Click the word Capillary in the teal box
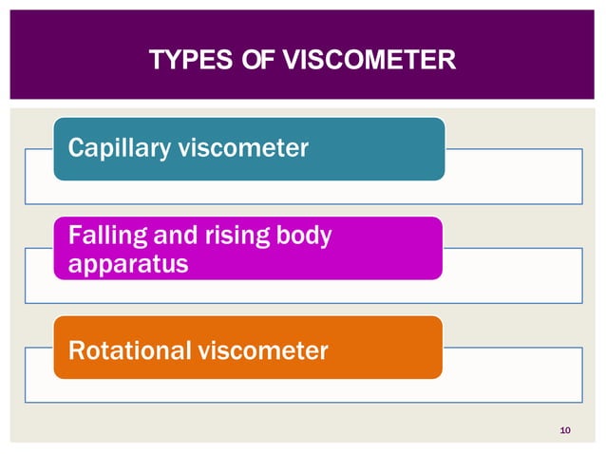coord(113,149)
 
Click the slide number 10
coord(565,432)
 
